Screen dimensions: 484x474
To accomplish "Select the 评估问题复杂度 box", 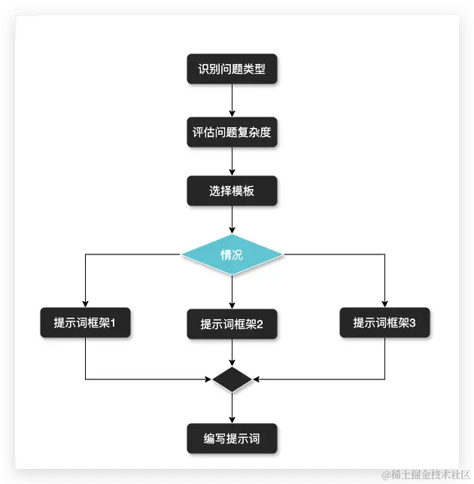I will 232,132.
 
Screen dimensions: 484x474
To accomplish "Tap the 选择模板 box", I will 232,191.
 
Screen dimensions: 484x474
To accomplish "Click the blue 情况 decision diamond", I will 232,255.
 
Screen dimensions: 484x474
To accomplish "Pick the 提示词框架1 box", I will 85,323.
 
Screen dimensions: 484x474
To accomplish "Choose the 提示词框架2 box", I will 232,324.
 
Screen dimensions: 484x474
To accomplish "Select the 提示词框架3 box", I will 384,323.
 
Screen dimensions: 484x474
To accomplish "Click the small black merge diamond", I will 232,379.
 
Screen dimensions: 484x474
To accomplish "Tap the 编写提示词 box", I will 232,438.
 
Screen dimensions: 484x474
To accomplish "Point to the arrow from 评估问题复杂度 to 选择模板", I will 232,161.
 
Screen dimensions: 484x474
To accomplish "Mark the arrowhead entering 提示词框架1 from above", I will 85,303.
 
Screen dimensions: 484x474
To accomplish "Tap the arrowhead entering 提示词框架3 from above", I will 384,303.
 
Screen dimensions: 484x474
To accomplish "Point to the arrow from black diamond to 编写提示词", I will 232,408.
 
